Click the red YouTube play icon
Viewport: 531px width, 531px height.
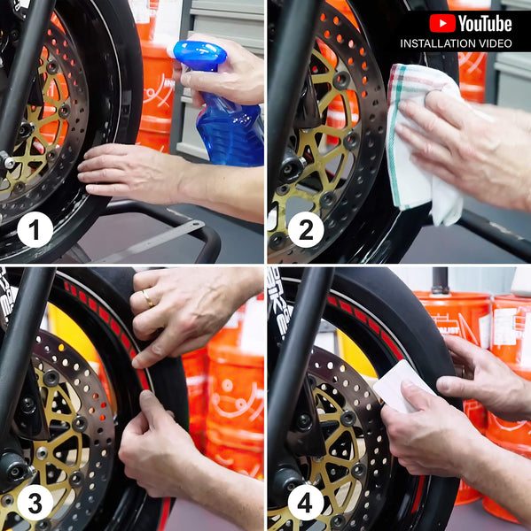click(441, 23)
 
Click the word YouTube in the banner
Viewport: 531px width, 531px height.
click(485, 23)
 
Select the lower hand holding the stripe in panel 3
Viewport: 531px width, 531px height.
click(160, 442)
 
